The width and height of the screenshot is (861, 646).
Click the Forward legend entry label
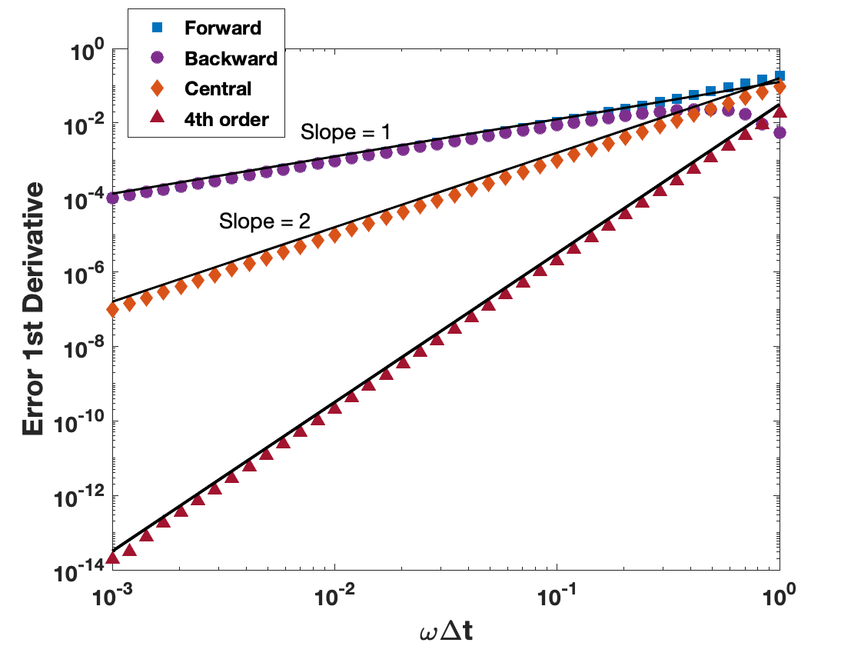[223, 28]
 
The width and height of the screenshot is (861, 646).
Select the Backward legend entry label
[231, 58]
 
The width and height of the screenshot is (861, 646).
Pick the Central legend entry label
[218, 88]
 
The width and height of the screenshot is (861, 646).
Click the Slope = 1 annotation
[346, 132]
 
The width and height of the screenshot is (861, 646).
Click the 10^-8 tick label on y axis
[85, 348]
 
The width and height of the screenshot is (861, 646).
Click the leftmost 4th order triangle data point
[113, 557]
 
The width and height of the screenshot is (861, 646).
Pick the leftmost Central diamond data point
[113, 309]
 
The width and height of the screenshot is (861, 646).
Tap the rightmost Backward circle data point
[780, 132]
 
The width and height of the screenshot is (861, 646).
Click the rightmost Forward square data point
[780, 75]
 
